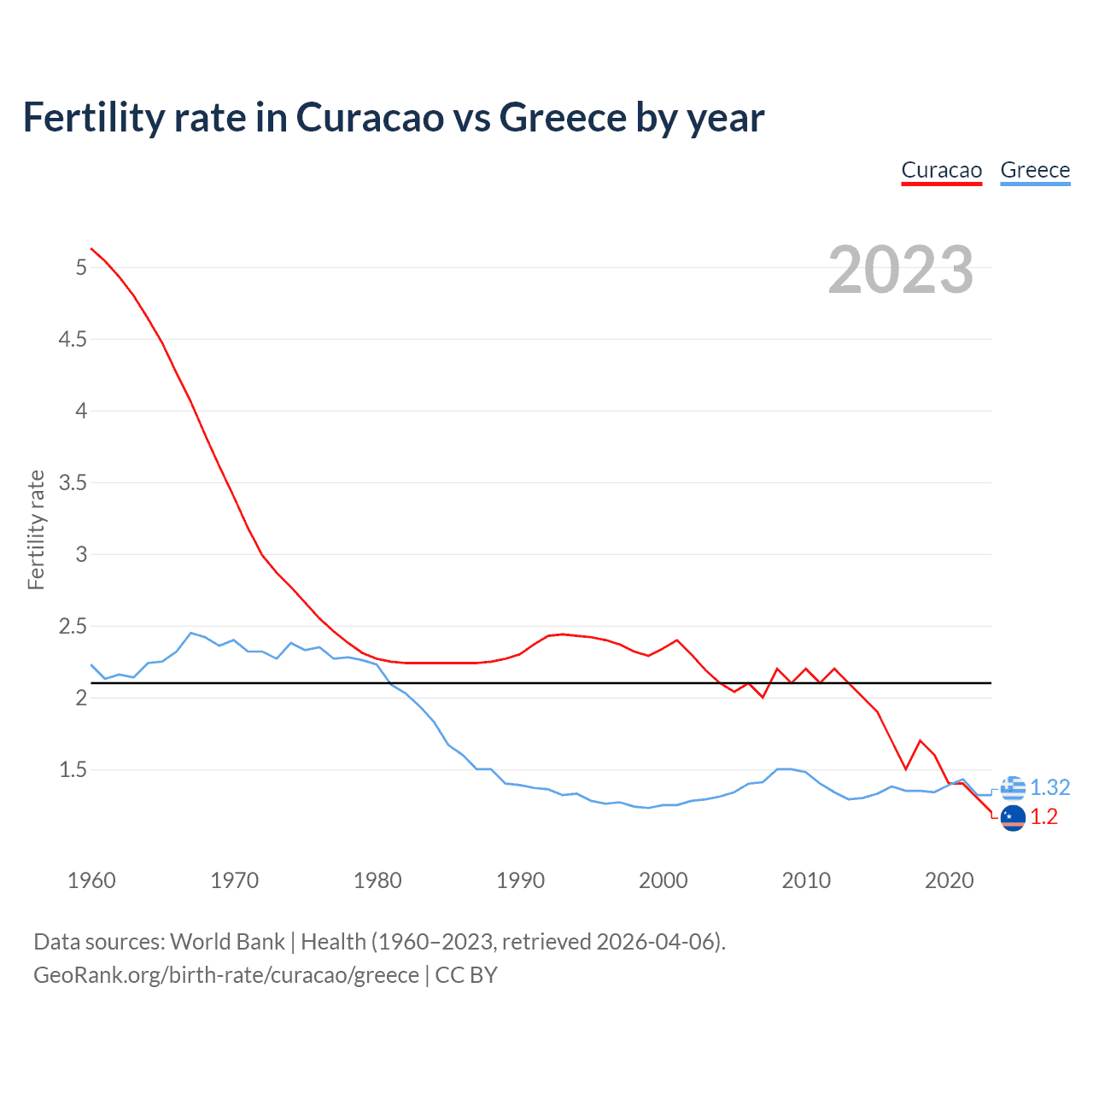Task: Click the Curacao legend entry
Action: pos(942,170)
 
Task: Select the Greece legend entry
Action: pos(1035,170)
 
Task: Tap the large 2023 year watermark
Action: pos(901,270)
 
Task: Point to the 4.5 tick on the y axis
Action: pos(73,340)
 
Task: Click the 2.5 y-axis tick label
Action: pos(73,627)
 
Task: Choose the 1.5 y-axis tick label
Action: pos(73,770)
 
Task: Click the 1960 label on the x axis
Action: pos(91,880)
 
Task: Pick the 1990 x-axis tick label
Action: pos(520,880)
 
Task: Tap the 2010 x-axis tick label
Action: pos(805,880)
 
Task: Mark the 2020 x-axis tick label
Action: pos(949,880)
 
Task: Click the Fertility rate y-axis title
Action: pos(36,529)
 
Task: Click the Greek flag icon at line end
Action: pos(1013,788)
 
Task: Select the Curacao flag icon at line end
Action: pos(1013,817)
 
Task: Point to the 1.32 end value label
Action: pos(1049,787)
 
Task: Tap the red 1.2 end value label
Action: pos(1043,817)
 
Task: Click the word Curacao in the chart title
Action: pos(370,117)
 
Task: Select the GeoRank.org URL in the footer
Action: pos(226,975)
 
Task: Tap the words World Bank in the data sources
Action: pos(227,942)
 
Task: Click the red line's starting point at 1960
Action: pos(91,248)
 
